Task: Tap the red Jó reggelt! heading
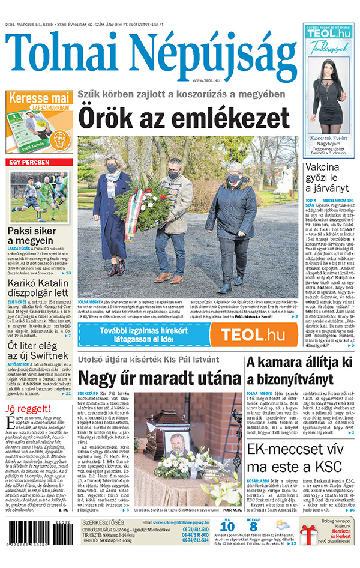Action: [x=25, y=393]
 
